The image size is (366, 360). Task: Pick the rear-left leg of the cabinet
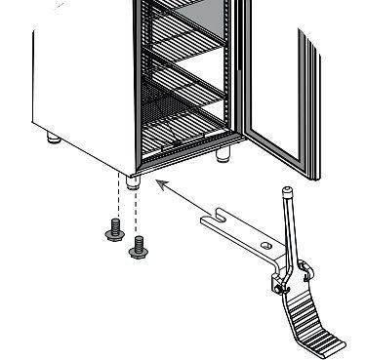coord(50,139)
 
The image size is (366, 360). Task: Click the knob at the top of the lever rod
coord(288,192)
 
